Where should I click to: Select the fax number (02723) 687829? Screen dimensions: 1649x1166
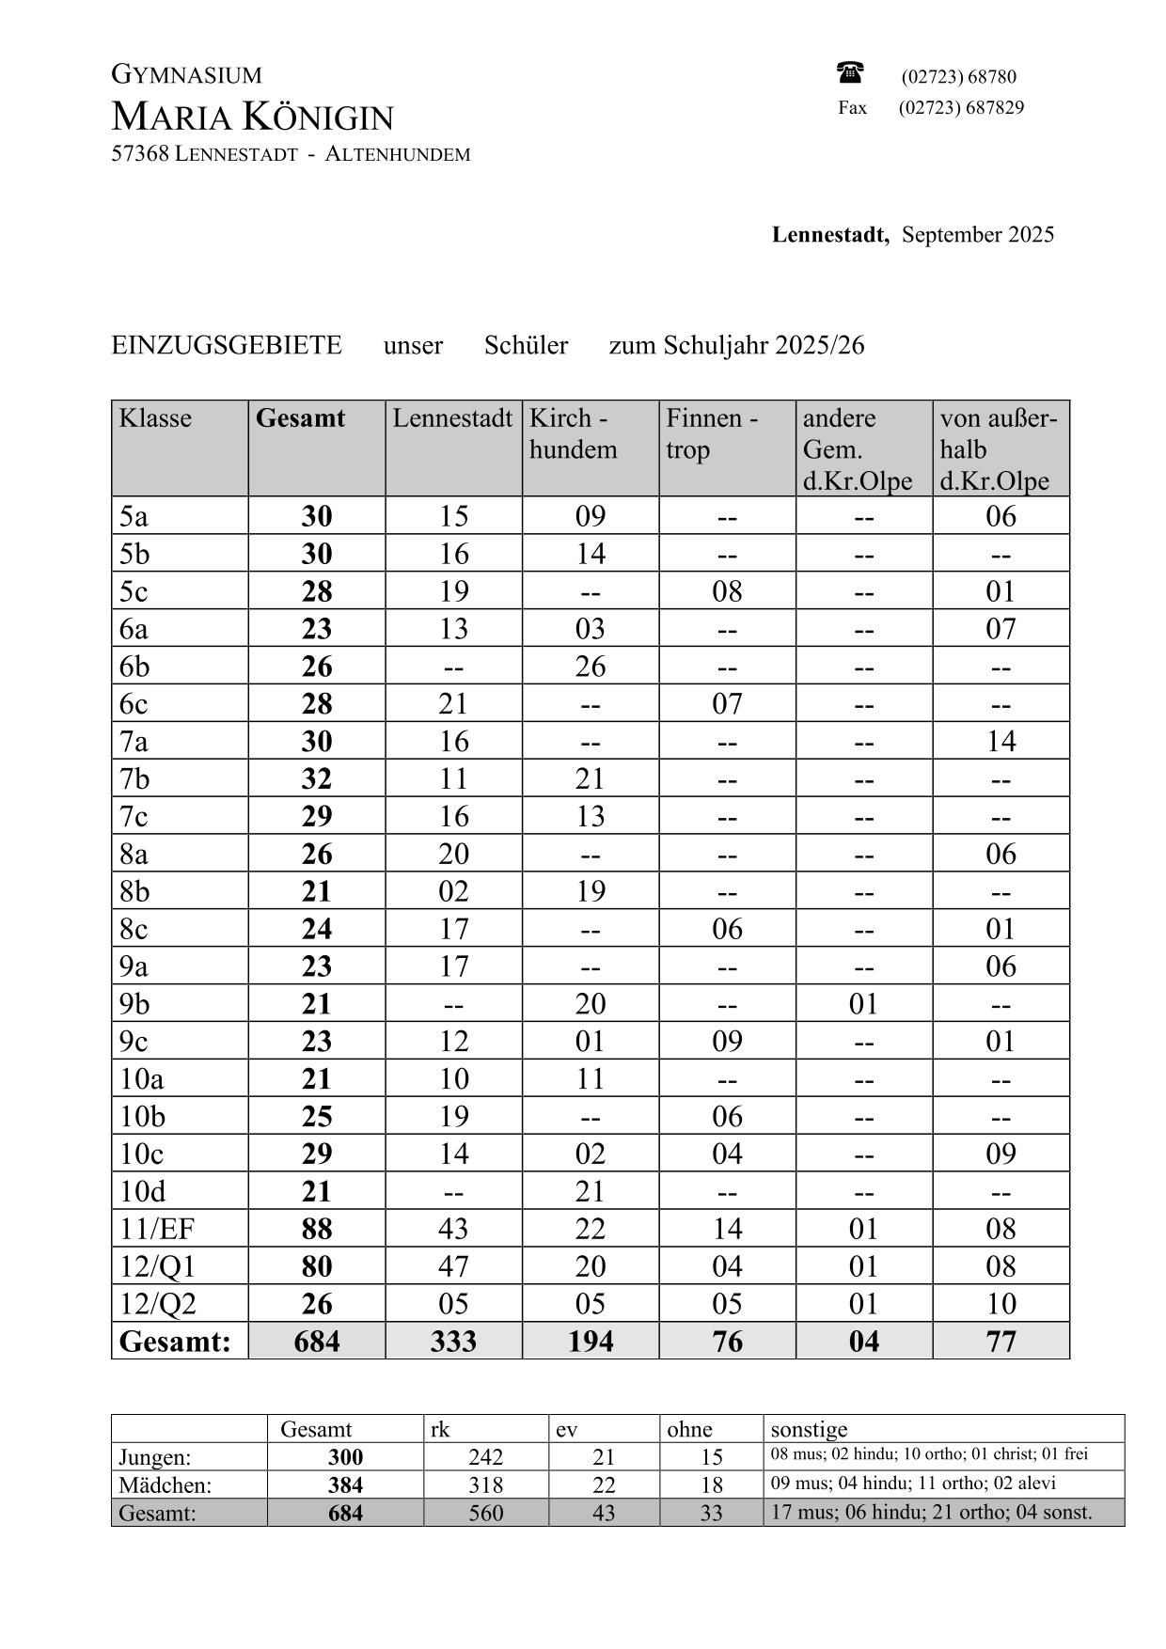click(961, 107)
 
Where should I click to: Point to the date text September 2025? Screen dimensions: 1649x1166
click(978, 234)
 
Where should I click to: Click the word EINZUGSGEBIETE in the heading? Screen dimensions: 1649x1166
click(227, 345)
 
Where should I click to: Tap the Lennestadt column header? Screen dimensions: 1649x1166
click(452, 418)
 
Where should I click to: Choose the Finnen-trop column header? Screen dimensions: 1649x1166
click(712, 433)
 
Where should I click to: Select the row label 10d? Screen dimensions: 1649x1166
click(143, 1191)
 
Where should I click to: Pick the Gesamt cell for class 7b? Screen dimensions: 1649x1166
click(317, 778)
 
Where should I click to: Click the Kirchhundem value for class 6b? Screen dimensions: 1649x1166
click(591, 667)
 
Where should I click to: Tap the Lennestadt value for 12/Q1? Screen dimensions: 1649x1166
click(453, 1266)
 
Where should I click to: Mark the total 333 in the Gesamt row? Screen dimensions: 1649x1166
click(453, 1342)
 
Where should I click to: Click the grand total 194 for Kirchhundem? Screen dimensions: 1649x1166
click(591, 1342)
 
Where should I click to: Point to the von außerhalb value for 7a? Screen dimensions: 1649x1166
click(1001, 741)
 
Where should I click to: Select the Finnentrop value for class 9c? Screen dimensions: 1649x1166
click(727, 1041)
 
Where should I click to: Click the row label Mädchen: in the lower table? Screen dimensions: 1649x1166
click(165, 1484)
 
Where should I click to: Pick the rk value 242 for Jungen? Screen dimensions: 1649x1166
click(486, 1457)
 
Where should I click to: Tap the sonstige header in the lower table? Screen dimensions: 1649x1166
click(809, 1429)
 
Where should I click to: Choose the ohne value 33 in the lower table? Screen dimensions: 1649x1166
click(712, 1513)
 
